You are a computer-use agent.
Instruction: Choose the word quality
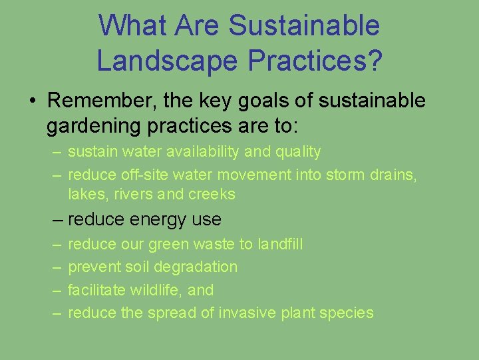coord(297,152)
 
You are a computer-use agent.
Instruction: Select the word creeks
coord(212,194)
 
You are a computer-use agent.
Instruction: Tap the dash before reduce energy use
coord(58,219)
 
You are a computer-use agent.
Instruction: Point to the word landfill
coord(279,244)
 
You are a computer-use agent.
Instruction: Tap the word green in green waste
coord(168,244)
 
